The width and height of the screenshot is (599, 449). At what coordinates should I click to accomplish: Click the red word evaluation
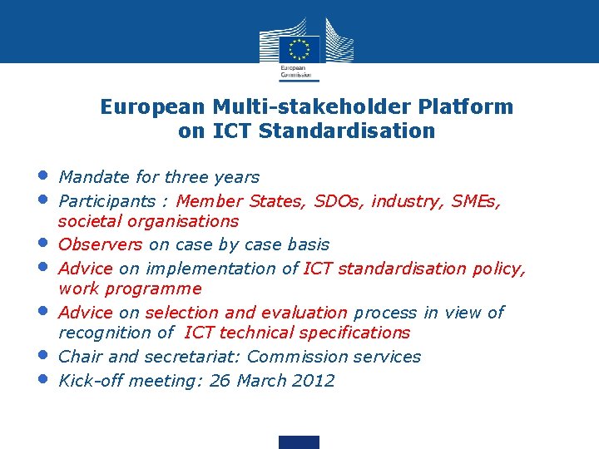[304, 313]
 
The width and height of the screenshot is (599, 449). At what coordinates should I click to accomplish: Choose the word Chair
[81, 358]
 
